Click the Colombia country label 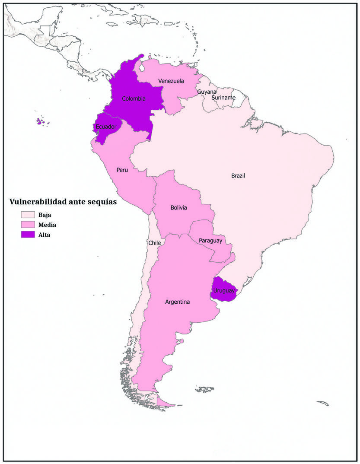(x=134, y=99)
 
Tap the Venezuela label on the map (x=171, y=81)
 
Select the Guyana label (x=207, y=92)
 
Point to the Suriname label (x=223, y=98)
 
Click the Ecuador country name (x=106, y=127)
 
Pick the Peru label (x=122, y=170)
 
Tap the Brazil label (x=238, y=175)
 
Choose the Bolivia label (x=178, y=208)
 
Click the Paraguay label (x=210, y=240)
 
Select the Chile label (x=154, y=243)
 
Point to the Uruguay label (x=224, y=291)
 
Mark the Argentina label (x=177, y=302)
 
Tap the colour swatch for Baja (x=28, y=215)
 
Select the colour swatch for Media (x=28, y=225)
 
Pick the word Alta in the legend (x=44, y=235)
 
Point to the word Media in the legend (x=47, y=225)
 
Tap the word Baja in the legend (x=45, y=215)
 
